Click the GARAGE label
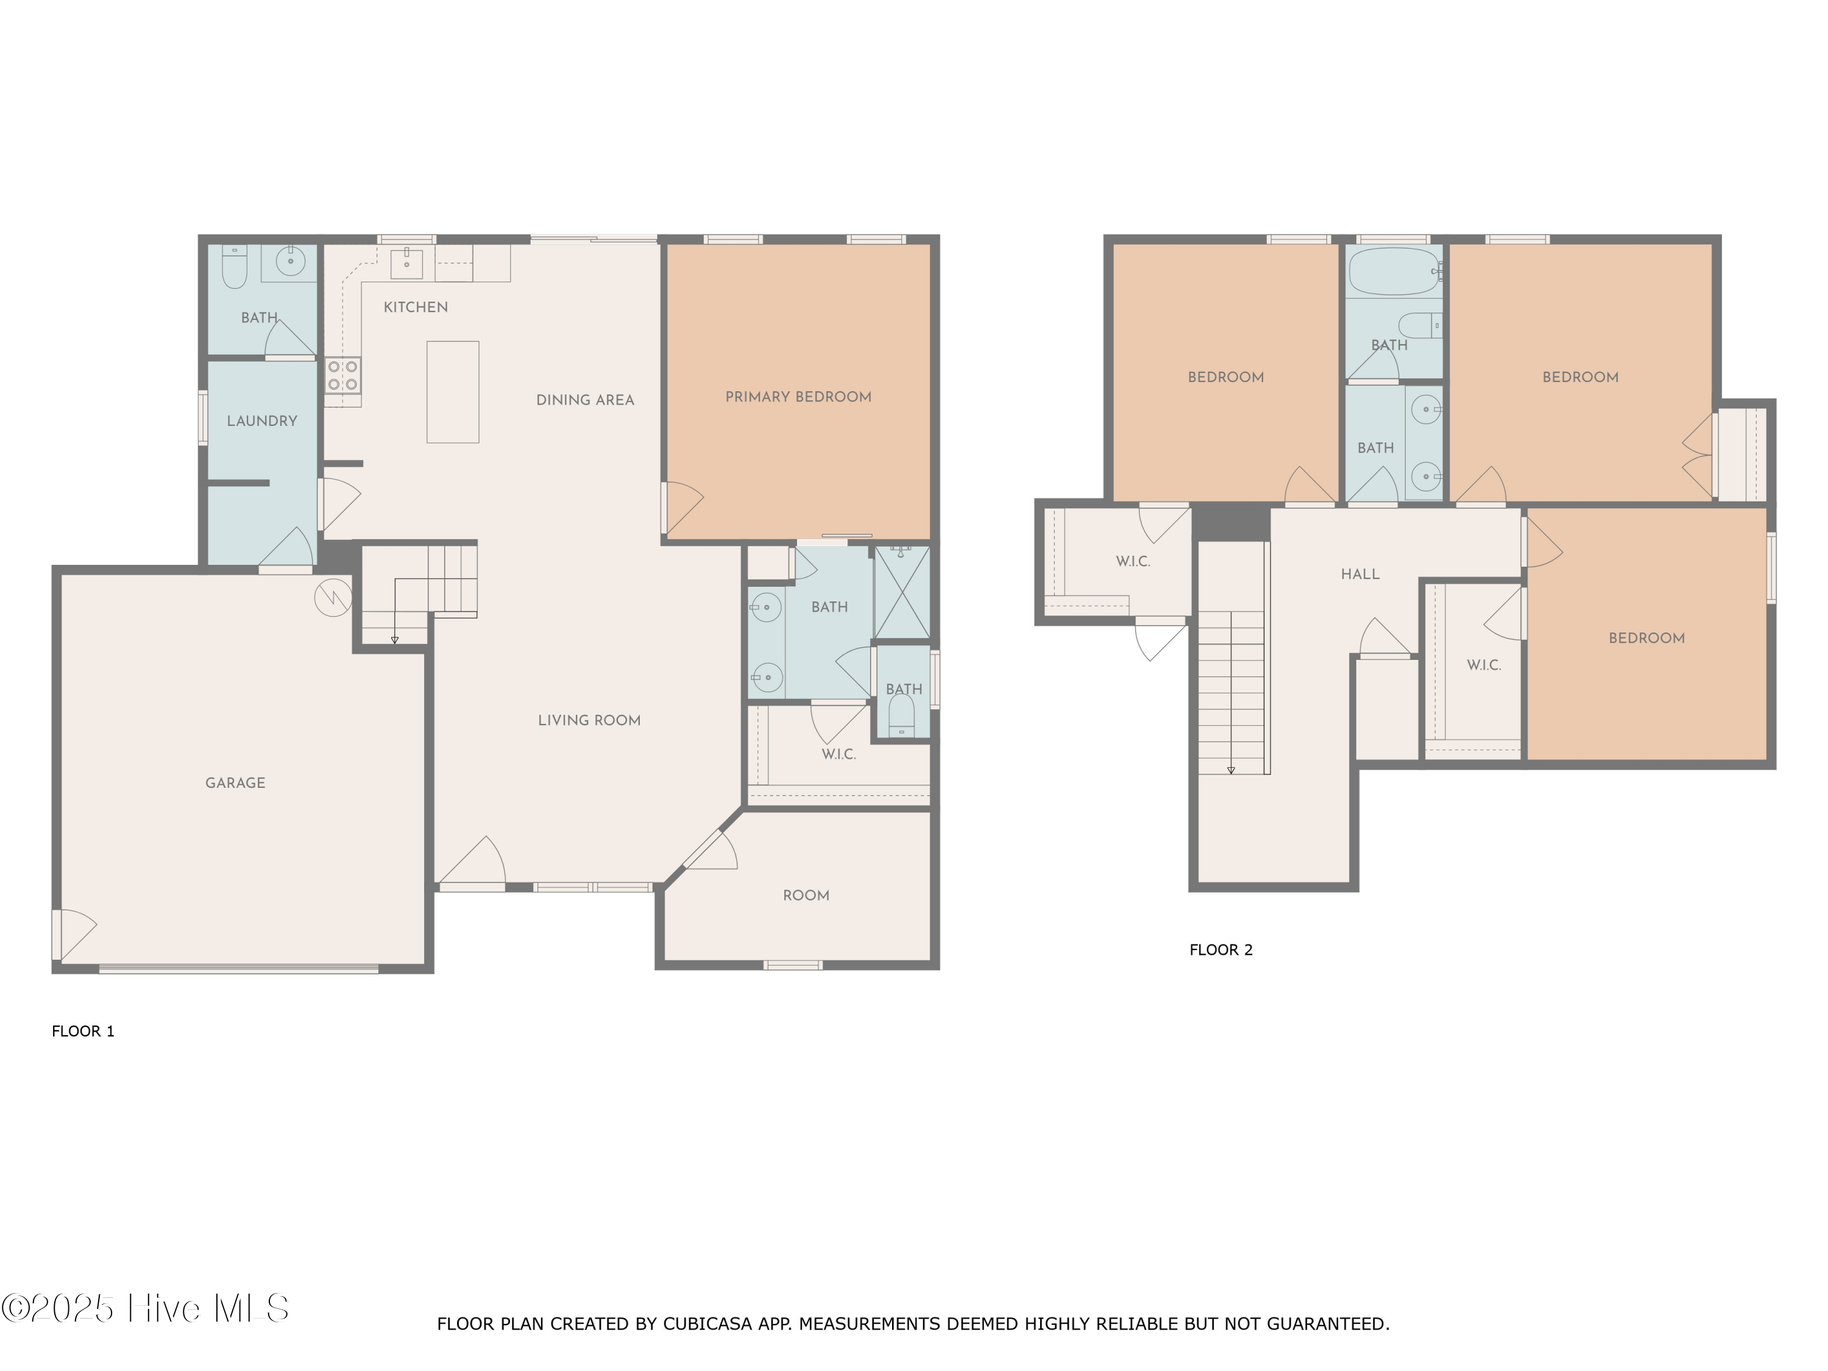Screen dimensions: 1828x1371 236,782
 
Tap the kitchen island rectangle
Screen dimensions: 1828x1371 453,392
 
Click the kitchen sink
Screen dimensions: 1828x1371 406,264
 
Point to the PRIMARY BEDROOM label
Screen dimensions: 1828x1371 798,397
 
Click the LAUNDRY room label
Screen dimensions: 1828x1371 262,420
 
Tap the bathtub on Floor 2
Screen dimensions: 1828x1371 1394,271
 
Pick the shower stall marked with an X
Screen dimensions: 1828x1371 902,592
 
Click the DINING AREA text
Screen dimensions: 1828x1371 585,400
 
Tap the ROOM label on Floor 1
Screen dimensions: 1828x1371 806,896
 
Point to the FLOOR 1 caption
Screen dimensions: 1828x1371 83,1032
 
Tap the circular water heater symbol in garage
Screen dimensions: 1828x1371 333,598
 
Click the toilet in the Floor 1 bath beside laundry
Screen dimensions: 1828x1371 235,266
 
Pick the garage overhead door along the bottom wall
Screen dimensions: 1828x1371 239,969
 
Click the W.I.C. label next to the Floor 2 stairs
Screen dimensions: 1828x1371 1133,562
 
